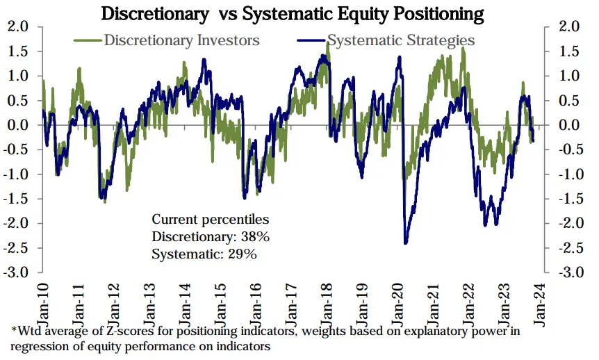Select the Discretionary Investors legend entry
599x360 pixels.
tap(181, 40)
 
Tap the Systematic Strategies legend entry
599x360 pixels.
tap(401, 40)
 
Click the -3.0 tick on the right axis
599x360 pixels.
tap(562, 272)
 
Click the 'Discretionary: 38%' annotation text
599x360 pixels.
tap(211, 237)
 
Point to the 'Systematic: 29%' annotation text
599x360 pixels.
tap(204, 254)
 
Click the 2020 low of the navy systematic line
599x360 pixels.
tap(405, 243)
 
